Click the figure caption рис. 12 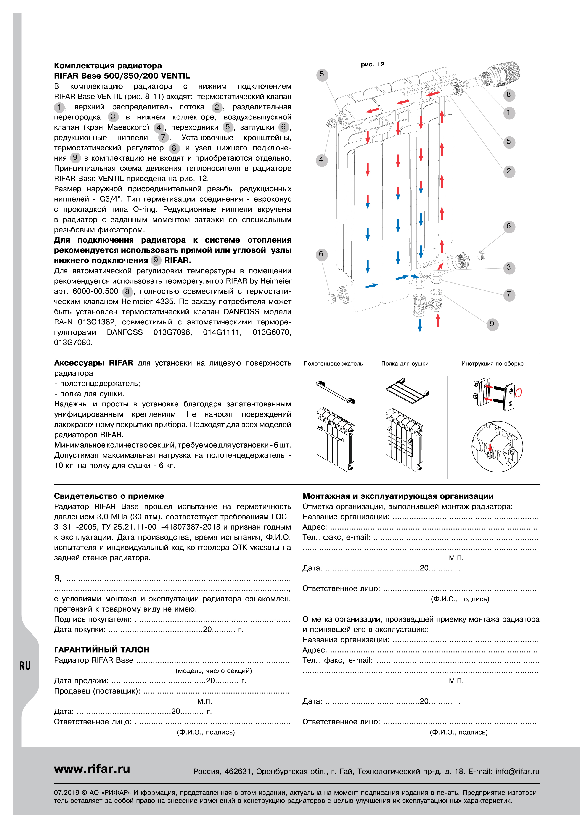point(372,65)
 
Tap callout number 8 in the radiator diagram point(508,95)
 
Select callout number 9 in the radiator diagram point(492,324)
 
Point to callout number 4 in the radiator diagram point(321,160)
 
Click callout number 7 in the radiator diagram point(508,294)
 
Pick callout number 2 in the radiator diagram point(508,171)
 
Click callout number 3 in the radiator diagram point(508,268)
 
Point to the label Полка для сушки point(405,364)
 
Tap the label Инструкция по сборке point(492,364)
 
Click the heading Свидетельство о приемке point(109,496)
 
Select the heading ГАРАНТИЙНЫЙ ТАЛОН point(101,649)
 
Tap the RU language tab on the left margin point(25,666)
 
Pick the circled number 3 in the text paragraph point(113,116)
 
